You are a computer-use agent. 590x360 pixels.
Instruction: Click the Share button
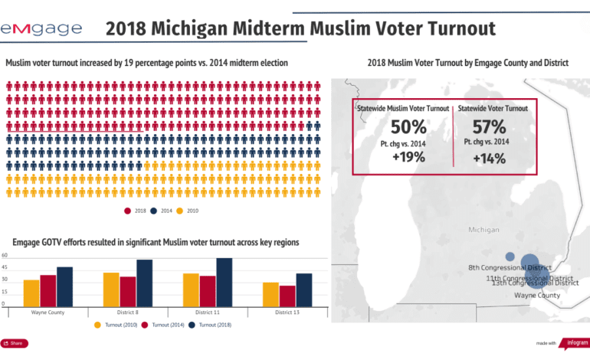(12, 343)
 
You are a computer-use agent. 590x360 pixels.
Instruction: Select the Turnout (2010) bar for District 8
(111, 290)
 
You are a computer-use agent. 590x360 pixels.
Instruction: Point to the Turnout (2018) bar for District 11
(224, 283)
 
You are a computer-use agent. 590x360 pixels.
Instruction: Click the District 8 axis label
(127, 313)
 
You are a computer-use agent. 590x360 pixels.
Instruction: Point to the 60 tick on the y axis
(5, 255)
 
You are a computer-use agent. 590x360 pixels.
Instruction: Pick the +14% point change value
(488, 158)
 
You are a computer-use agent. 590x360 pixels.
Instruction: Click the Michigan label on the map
(482, 230)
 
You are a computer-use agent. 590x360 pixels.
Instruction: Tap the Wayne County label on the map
(536, 295)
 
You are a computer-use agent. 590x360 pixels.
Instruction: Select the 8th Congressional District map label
(510, 267)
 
